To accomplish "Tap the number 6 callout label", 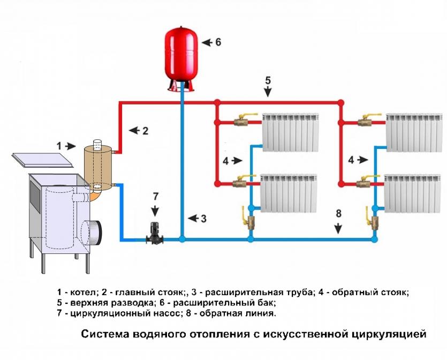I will tap(218, 42).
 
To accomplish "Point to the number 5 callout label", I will tap(268, 80).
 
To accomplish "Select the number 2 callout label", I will tap(145, 130).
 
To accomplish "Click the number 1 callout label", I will tap(60, 145).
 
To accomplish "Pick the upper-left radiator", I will tap(290, 132).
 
